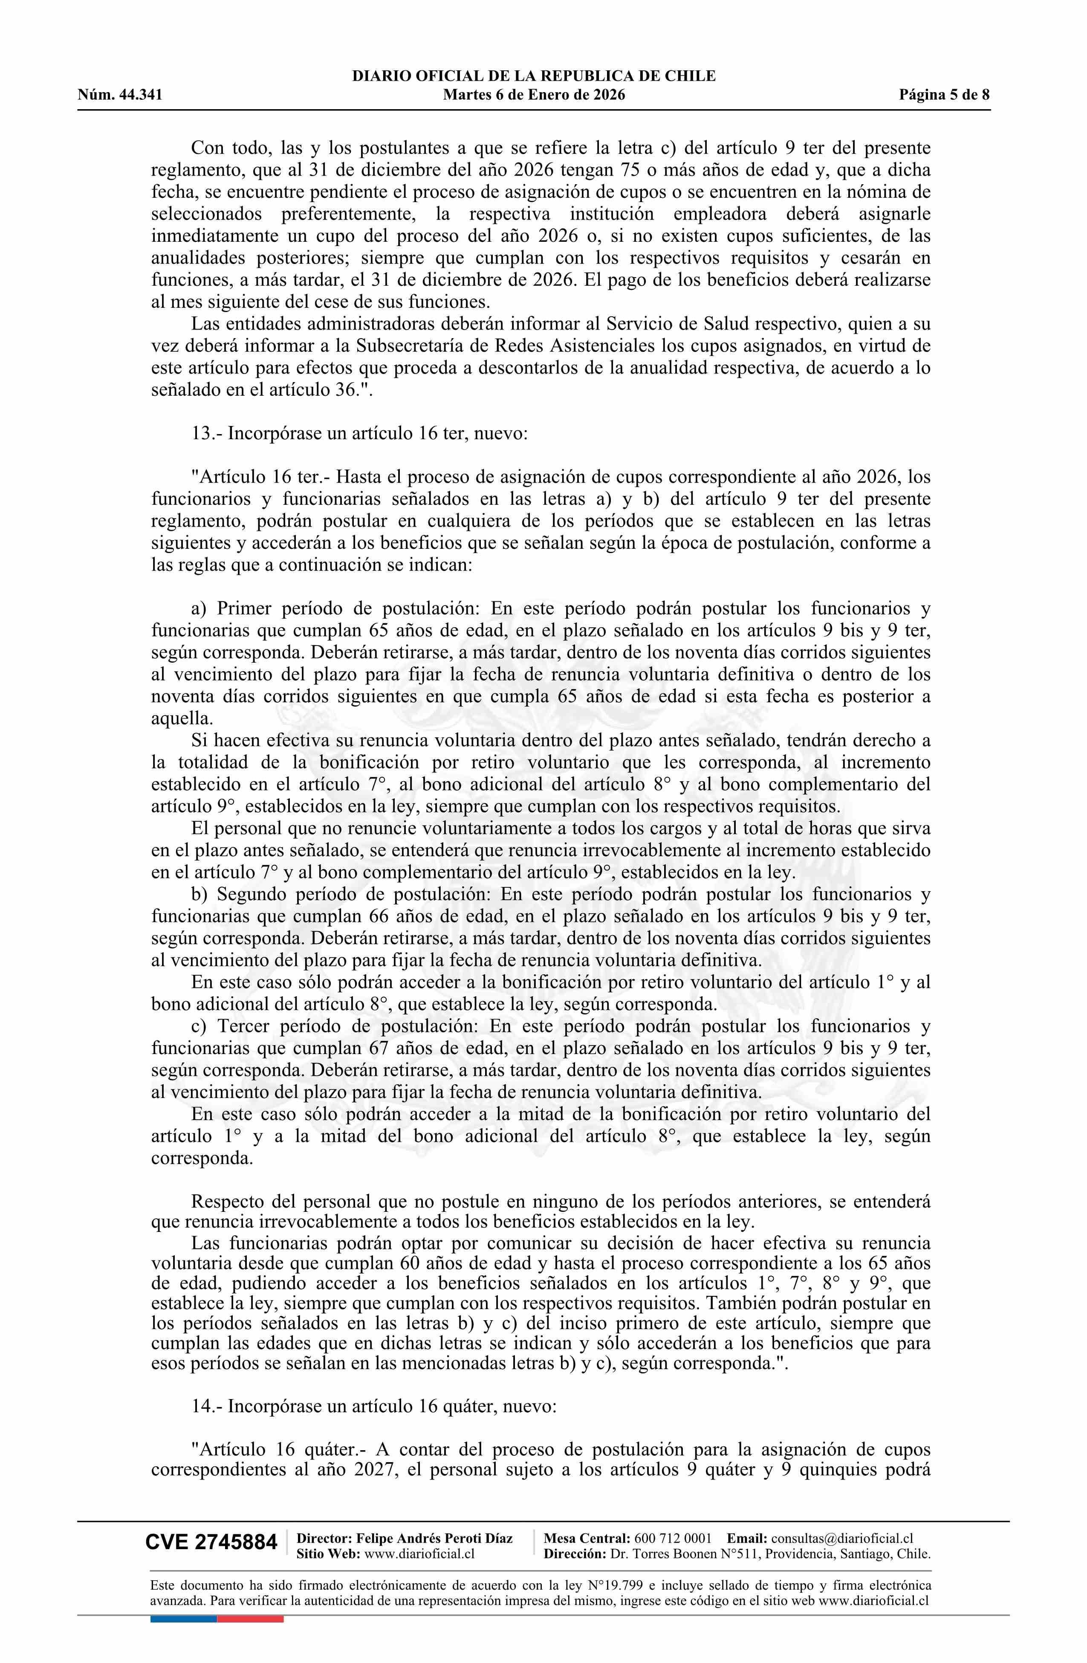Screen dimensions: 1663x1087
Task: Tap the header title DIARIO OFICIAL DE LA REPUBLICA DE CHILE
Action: coord(534,76)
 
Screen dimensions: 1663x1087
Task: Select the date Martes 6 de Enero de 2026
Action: coord(534,95)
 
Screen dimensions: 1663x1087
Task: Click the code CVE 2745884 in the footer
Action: coord(211,1543)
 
